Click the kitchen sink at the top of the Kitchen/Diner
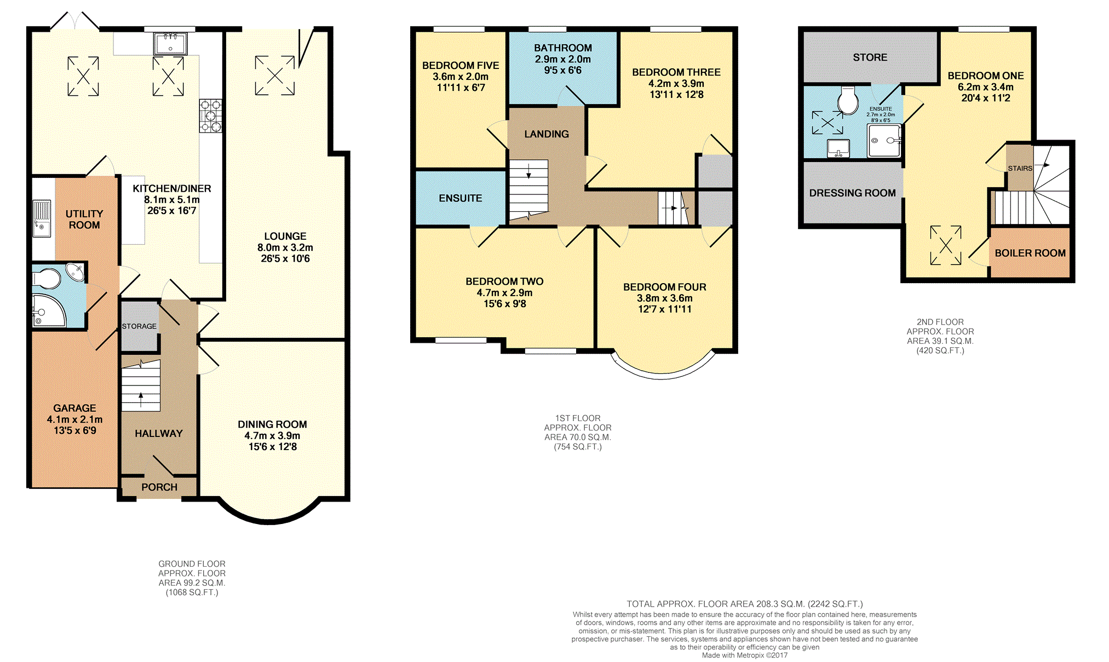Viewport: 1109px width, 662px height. coord(170,43)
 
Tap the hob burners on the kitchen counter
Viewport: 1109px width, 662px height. coord(210,116)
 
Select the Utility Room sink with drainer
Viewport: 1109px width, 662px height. coord(42,219)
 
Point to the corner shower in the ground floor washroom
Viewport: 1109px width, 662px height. coord(49,310)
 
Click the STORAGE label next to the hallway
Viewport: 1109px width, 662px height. coord(139,326)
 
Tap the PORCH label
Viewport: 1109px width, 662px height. coord(159,487)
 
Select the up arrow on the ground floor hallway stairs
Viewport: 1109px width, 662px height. coord(141,400)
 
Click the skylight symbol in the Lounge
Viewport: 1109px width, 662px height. coord(275,76)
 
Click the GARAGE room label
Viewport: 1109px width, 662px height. coord(74,408)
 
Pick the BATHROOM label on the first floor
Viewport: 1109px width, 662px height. coord(563,48)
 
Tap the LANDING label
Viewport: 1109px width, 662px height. coord(547,134)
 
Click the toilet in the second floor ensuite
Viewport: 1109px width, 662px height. coord(848,100)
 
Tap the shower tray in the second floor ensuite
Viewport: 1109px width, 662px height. coord(884,141)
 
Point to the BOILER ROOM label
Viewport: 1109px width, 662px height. coord(1030,254)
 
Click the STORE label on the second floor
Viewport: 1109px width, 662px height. coord(870,57)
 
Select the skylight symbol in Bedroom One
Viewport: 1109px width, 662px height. coord(946,245)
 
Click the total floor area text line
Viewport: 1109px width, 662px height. coord(745,604)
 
